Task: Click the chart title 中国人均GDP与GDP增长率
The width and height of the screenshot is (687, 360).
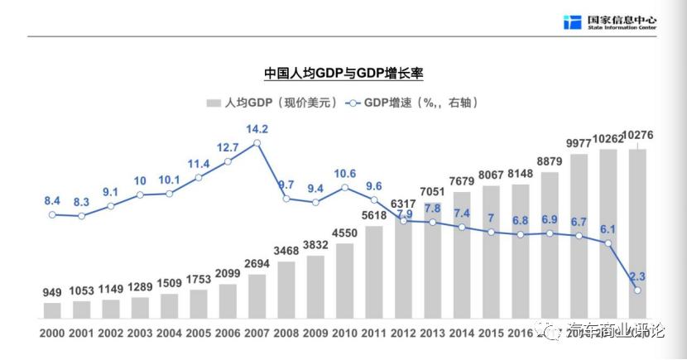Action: point(343,74)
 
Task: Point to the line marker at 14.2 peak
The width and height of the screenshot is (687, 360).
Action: point(257,143)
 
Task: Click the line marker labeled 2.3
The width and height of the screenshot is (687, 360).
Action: point(637,290)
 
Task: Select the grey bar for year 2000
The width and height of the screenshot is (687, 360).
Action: point(52,310)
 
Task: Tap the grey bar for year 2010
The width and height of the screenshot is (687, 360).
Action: point(345,281)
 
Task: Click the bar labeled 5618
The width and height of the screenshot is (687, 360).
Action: point(374,272)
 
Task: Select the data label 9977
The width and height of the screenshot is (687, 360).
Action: point(579,143)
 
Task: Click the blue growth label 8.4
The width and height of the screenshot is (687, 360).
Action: point(52,200)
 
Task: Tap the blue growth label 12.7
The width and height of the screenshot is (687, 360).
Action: point(228,147)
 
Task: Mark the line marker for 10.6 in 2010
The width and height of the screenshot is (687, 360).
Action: point(345,187)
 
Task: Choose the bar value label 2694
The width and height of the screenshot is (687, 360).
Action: point(257,263)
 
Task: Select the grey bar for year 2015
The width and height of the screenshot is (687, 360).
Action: point(492,252)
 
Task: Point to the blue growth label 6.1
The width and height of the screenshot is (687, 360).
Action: point(608,229)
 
